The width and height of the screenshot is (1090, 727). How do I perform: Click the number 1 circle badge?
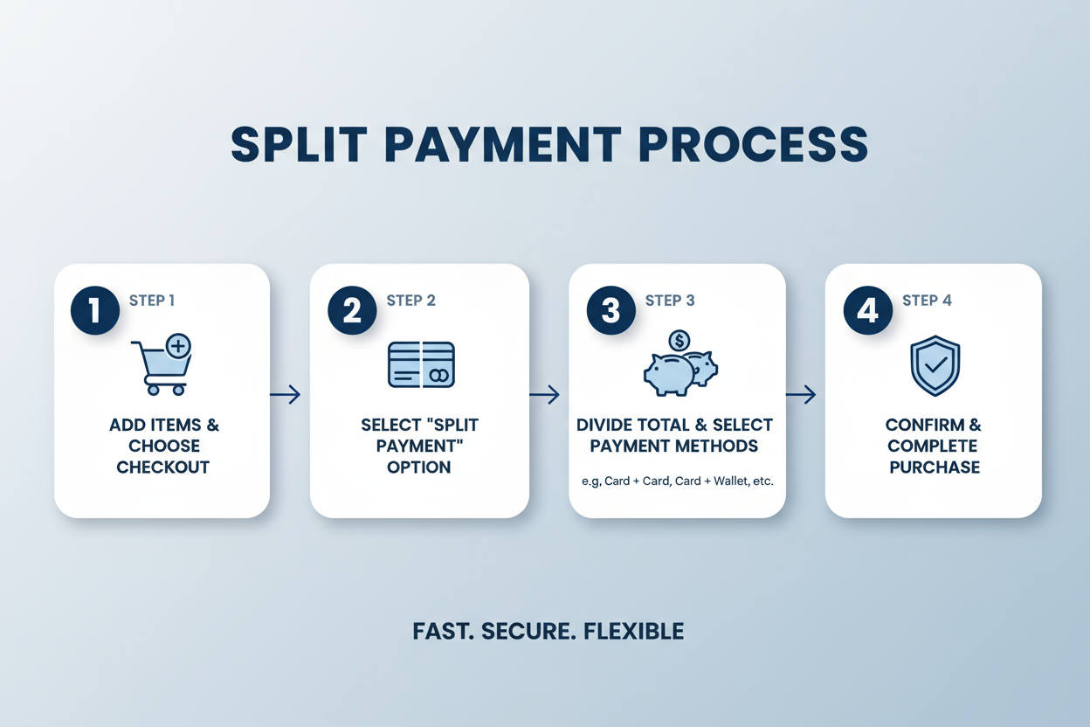point(94,310)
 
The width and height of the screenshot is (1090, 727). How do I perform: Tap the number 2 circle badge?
point(352,310)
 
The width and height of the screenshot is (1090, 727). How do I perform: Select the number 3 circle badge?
point(611,310)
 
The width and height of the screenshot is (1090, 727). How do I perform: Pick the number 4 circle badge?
point(867,310)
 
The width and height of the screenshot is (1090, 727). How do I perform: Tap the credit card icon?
point(421,364)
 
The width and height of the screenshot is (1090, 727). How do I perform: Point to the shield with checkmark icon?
point(935,366)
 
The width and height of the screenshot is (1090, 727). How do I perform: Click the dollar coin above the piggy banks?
point(679,340)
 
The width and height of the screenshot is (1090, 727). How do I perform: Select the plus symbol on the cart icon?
point(178,347)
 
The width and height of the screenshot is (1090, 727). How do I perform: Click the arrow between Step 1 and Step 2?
point(286,395)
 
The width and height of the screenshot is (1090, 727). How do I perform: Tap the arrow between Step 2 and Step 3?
point(544,395)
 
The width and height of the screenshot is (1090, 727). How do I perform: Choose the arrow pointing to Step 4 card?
point(801,395)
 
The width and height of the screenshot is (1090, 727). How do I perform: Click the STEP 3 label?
point(670,301)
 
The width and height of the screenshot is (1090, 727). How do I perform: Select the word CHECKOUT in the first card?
point(163,467)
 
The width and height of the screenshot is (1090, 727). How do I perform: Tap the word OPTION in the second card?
point(419,467)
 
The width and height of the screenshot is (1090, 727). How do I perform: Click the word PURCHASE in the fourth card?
point(935,467)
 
